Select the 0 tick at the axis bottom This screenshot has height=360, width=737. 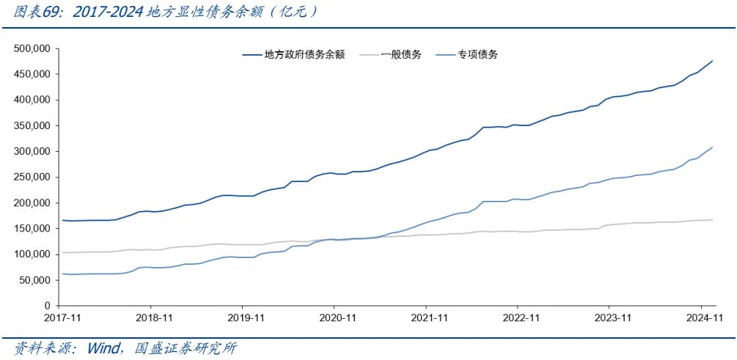pyautogui.click(x=45, y=306)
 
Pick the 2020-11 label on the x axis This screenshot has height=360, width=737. pyautogui.click(x=334, y=319)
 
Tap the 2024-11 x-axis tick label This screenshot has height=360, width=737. pyautogui.click(x=702, y=319)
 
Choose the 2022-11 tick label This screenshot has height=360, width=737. pyautogui.click(x=518, y=319)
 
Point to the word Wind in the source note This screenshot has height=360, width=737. pyautogui.click(x=103, y=348)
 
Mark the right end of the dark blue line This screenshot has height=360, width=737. pyautogui.click(x=713, y=61)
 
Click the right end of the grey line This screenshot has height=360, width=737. pyautogui.click(x=713, y=220)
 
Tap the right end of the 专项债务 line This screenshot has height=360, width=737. pyautogui.click(x=713, y=147)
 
